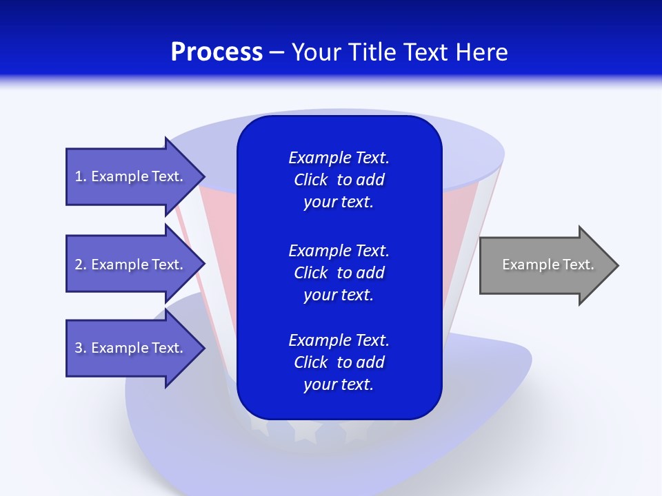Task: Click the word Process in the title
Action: pyautogui.click(x=217, y=52)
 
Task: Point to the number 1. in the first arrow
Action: pyautogui.click(x=81, y=176)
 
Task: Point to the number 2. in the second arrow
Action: pyautogui.click(x=81, y=265)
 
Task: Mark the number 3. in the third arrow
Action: pyautogui.click(x=81, y=348)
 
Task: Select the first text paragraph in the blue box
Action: pyautogui.click(x=339, y=180)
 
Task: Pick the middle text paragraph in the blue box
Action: pyautogui.click(x=339, y=273)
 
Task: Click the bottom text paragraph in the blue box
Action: pyautogui.click(x=339, y=362)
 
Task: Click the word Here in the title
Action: pyautogui.click(x=483, y=52)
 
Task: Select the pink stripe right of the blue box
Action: pyautogui.click(x=458, y=227)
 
